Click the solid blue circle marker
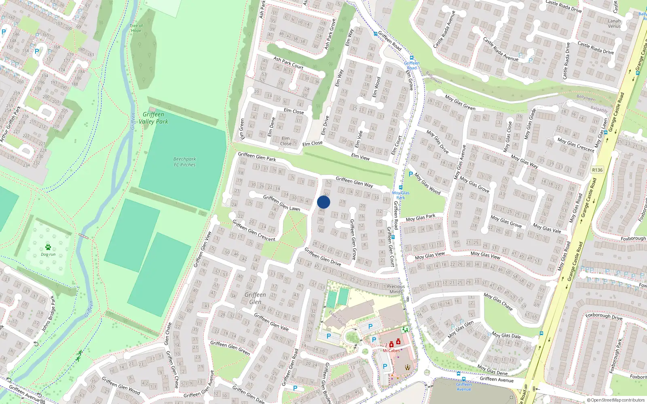pyautogui.click(x=323, y=202)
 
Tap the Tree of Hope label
pyautogui.click(x=136, y=28)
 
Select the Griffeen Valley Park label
pyautogui.click(x=153, y=118)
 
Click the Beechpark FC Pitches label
pyautogui.click(x=184, y=162)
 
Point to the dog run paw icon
pyautogui.click(x=48, y=247)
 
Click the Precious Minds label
pyautogui.click(x=396, y=289)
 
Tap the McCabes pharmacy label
pyautogui.click(x=391, y=350)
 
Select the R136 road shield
pyautogui.click(x=597, y=170)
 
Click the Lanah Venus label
pyautogui.click(x=614, y=23)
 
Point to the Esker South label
pyautogui.click(x=337, y=318)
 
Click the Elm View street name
pyautogui.click(x=360, y=157)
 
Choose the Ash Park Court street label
pyautogui.click(x=288, y=63)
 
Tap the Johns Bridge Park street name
pyautogui.click(x=48, y=314)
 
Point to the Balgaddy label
pyautogui.click(x=599, y=109)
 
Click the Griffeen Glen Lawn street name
pyautogui.click(x=281, y=203)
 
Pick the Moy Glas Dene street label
pyautogui.click(x=492, y=370)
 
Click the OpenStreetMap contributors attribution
pyautogui.click(x=615, y=400)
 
